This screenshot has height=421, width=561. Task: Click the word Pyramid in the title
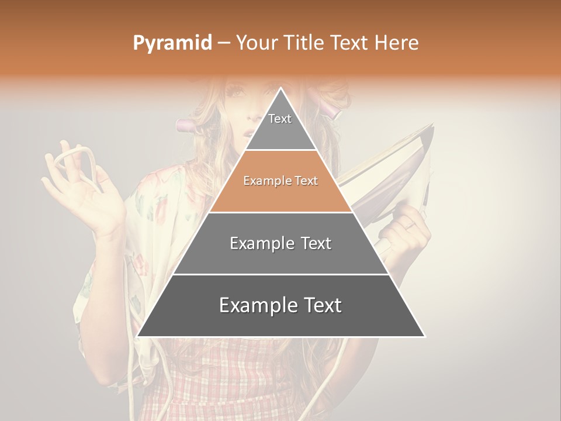click(x=172, y=43)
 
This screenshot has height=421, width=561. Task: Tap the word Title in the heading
click(x=304, y=43)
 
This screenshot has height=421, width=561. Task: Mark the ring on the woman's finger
click(x=411, y=225)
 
